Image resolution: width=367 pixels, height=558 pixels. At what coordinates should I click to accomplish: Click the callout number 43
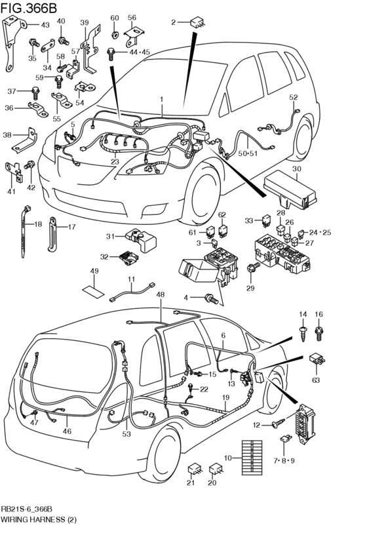pos(45,25)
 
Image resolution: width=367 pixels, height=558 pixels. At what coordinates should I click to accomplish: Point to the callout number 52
pos(294,98)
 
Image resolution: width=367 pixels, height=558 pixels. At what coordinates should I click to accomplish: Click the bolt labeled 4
pos(212,298)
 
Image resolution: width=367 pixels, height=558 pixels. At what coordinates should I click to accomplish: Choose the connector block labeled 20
pos(215,470)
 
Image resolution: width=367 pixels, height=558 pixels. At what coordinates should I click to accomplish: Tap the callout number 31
pos(110,237)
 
